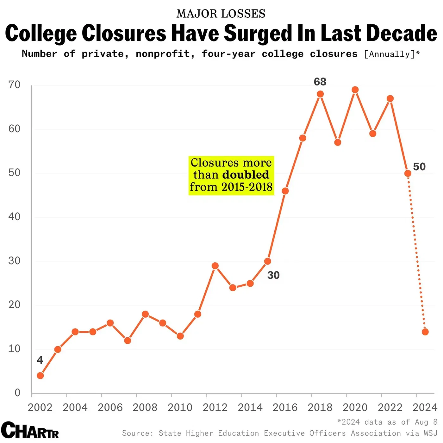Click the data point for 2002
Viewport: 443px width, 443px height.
40,376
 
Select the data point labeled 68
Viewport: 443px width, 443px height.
320,94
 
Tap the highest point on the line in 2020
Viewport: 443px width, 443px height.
355,90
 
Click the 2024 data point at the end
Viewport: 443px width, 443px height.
425,332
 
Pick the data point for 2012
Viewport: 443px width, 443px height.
215,266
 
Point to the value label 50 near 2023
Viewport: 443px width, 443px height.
419,167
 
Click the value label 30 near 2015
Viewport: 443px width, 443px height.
273,275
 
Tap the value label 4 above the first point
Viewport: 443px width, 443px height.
40,360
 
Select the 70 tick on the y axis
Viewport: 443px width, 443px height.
14,85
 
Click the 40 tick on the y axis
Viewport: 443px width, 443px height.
14,217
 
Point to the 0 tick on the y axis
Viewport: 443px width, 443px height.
17,393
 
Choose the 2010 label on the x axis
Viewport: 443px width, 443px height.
180,407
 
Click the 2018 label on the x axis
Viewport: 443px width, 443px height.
320,407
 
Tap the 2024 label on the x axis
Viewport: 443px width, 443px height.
425,407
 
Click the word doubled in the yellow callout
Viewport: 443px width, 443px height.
246,175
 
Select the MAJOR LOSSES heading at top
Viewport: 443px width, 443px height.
221,14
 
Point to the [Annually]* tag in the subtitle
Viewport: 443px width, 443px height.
392,54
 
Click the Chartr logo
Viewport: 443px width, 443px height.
30,430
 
